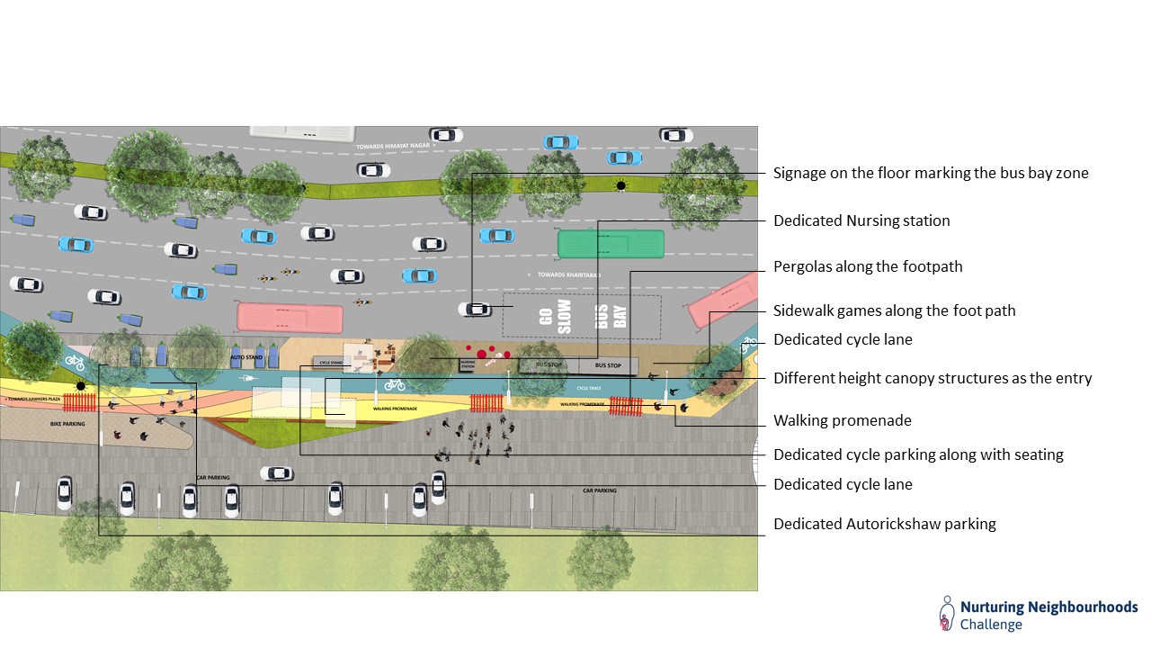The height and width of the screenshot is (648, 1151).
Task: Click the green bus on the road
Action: click(611, 244)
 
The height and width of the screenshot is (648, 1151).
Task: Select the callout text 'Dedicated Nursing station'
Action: click(861, 220)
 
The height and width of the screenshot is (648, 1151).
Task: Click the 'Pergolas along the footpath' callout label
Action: click(868, 266)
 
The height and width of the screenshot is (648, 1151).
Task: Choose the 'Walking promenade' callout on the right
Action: click(843, 420)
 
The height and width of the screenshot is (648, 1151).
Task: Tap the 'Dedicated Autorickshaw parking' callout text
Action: click(884, 524)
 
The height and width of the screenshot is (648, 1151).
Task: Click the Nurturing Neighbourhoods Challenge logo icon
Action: click(946, 613)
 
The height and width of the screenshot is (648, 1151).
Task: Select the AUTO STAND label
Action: click(245, 357)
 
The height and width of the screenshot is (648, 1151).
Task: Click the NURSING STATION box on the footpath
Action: click(468, 365)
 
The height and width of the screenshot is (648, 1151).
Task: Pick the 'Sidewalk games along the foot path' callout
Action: click(894, 310)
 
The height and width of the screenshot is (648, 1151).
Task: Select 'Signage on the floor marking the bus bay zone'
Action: click(931, 173)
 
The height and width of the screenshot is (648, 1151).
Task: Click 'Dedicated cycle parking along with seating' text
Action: click(918, 454)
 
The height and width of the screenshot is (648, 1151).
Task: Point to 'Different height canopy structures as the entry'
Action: click(932, 378)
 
